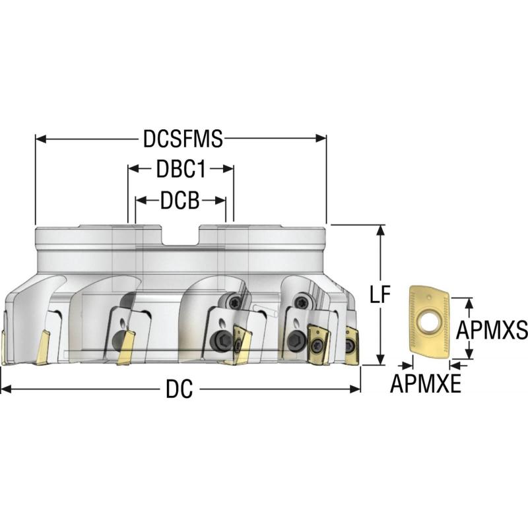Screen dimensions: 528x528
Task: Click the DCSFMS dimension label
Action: tap(183, 139)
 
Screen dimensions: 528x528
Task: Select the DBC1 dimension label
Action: tap(181, 169)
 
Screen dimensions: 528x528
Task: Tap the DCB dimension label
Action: tap(180, 201)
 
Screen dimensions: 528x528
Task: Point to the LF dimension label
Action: tap(380, 294)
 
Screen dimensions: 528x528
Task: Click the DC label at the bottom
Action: tap(180, 389)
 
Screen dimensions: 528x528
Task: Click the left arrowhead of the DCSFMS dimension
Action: tap(41, 139)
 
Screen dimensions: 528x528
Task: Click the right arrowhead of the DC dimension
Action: tap(355, 389)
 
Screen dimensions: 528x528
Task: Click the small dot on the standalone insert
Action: tap(428, 298)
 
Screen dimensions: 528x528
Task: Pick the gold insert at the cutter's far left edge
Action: tap(3, 347)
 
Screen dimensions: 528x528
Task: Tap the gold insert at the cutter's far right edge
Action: tap(352, 345)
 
